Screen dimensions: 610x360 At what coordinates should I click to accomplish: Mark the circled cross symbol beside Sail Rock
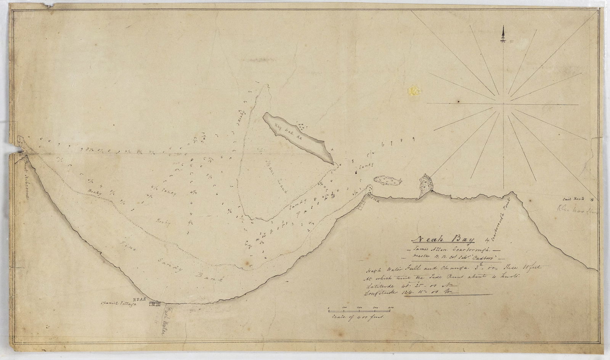pos(591,199)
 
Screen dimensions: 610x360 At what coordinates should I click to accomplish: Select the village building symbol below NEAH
pos(155,304)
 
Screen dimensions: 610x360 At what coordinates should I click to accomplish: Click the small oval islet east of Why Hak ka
pos(387,181)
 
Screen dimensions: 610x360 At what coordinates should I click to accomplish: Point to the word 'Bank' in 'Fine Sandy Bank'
pos(208,278)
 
